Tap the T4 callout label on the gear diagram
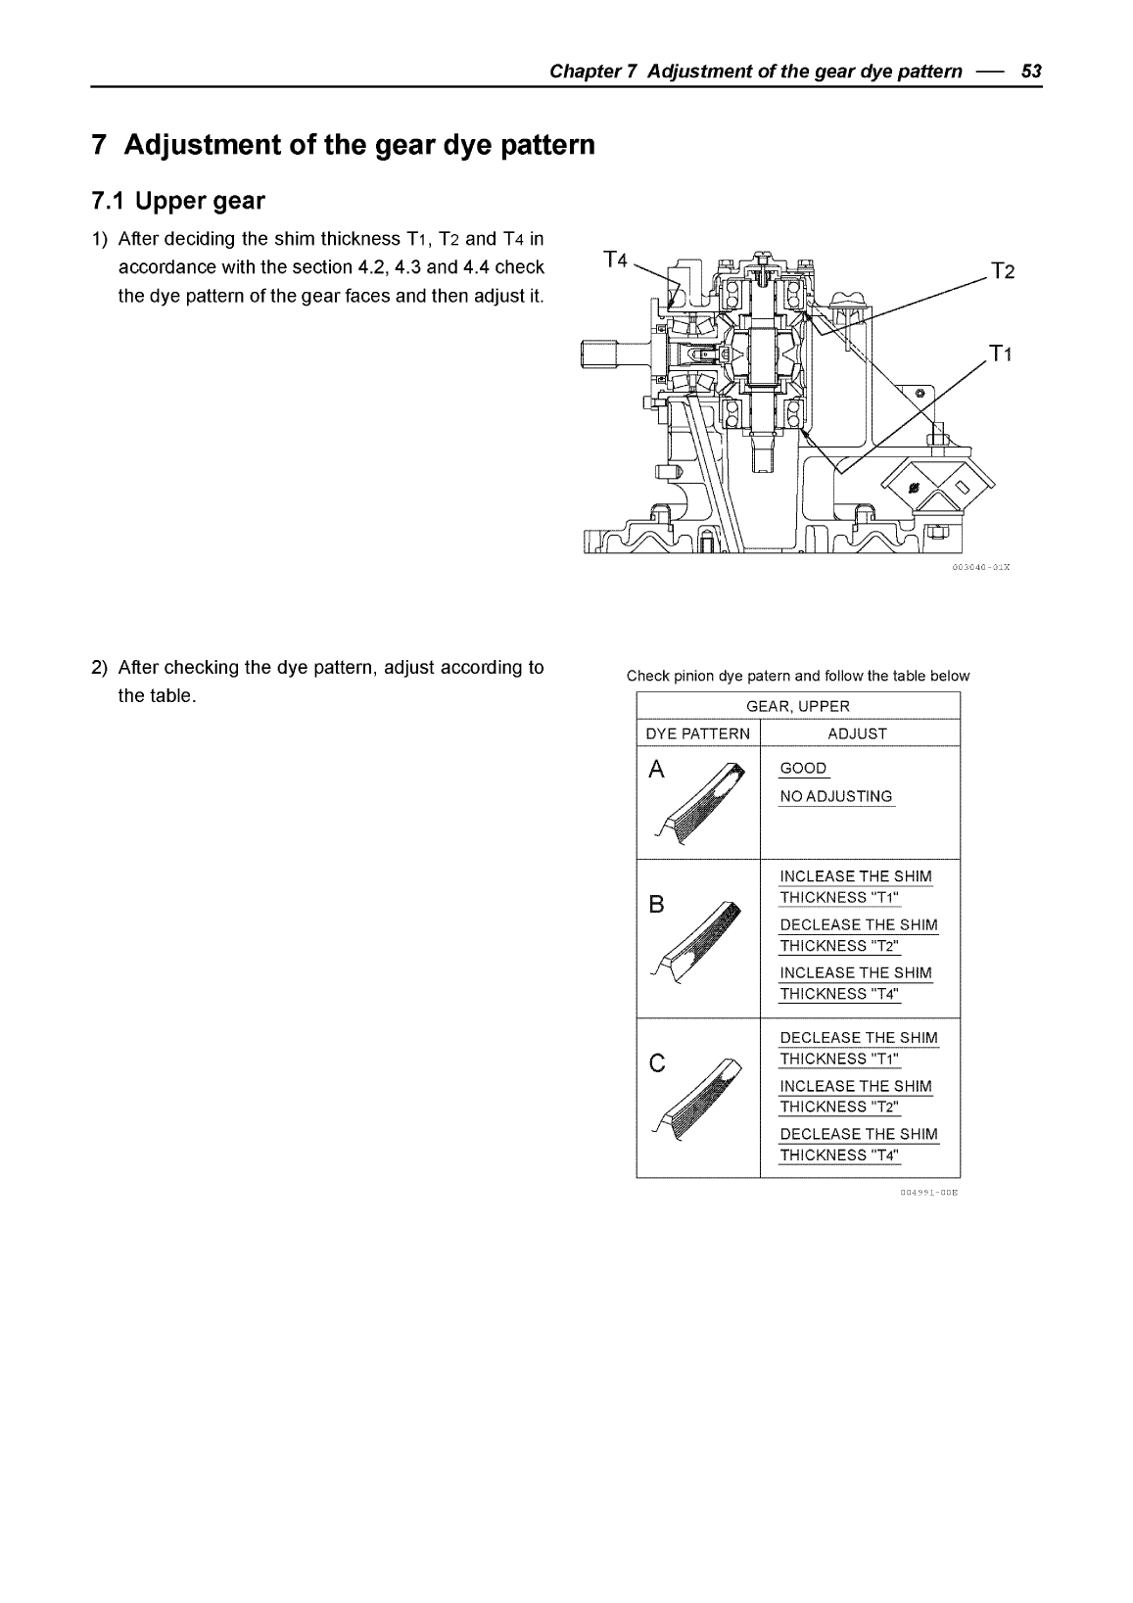click(x=615, y=259)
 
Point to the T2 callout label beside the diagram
click(x=1001, y=272)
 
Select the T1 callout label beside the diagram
click(x=1001, y=354)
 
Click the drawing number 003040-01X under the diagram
click(x=979, y=566)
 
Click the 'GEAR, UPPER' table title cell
click(x=798, y=706)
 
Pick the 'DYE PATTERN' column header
click(x=697, y=733)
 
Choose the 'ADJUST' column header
click(x=857, y=733)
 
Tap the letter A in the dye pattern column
click(x=657, y=771)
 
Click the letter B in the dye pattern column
click(x=656, y=905)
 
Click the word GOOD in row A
click(x=803, y=768)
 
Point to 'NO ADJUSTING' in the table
click(x=836, y=796)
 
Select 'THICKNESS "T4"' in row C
click(x=839, y=1155)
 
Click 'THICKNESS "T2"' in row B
click(x=839, y=945)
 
